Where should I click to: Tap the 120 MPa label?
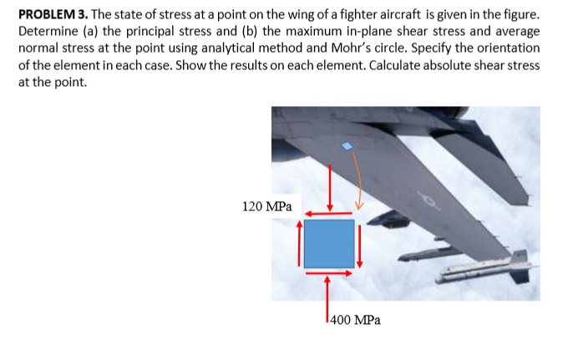(266, 205)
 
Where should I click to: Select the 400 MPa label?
(355, 319)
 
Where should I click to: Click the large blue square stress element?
(328, 243)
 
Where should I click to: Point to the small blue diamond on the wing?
(347, 147)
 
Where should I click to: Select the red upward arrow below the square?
(327, 297)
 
